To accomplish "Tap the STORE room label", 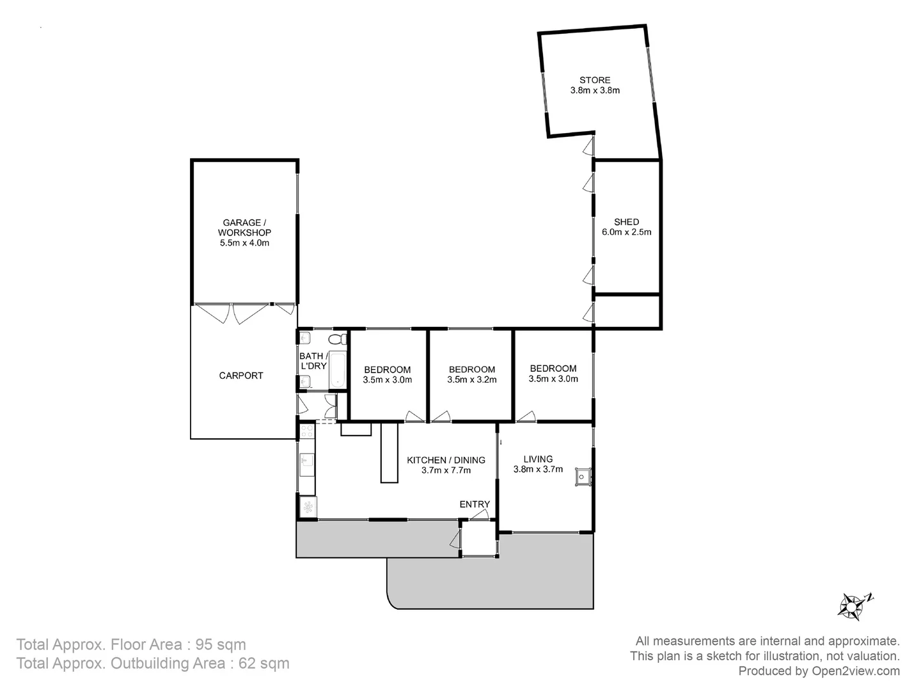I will [595, 80].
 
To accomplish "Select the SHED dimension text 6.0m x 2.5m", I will [626, 232].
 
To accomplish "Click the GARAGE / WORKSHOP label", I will [244, 228].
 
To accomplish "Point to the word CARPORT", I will [241, 376].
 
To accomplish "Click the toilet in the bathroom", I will [336, 339].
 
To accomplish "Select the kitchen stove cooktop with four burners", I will [307, 431].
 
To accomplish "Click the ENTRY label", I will [475, 504].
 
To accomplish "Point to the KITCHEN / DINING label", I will [446, 460].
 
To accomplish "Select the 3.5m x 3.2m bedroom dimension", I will [471, 380].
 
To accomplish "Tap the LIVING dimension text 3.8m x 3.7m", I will [538, 469].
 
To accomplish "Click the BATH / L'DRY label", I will [313, 361].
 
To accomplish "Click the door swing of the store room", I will [588, 148].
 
